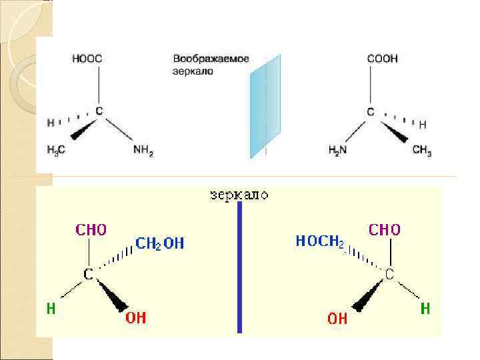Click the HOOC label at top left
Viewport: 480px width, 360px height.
click(x=87, y=59)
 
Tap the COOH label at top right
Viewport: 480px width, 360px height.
click(x=382, y=59)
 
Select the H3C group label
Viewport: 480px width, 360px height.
click(x=56, y=151)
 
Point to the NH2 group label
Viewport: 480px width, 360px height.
click(x=143, y=152)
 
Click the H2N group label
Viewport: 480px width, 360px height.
click(x=339, y=151)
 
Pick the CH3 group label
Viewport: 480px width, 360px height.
click(x=422, y=152)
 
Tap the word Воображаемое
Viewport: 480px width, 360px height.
click(x=211, y=59)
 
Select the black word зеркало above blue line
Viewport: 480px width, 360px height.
click(x=239, y=195)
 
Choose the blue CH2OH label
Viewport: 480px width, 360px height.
click(x=160, y=244)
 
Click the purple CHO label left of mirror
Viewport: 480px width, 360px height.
click(x=91, y=230)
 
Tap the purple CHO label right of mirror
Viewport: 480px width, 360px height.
click(x=385, y=230)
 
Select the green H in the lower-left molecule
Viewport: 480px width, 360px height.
click(x=51, y=309)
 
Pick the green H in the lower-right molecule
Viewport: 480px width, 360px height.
click(x=425, y=309)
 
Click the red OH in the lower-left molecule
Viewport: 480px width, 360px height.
click(x=135, y=318)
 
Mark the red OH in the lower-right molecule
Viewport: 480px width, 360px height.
click(x=337, y=319)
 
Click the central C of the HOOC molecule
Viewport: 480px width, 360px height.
click(x=98, y=111)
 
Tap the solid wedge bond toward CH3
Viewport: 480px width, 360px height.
click(x=395, y=132)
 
